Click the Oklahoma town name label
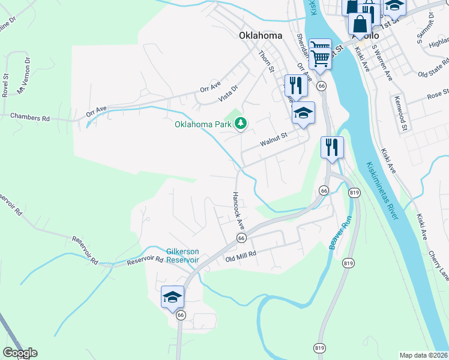[x=261, y=35]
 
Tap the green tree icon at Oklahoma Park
[x=241, y=124]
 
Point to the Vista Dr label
[x=228, y=92]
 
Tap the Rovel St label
[x=5, y=85]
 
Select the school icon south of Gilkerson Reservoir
[x=172, y=297]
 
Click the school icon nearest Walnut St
[x=304, y=113]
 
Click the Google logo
[x=20, y=353]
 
